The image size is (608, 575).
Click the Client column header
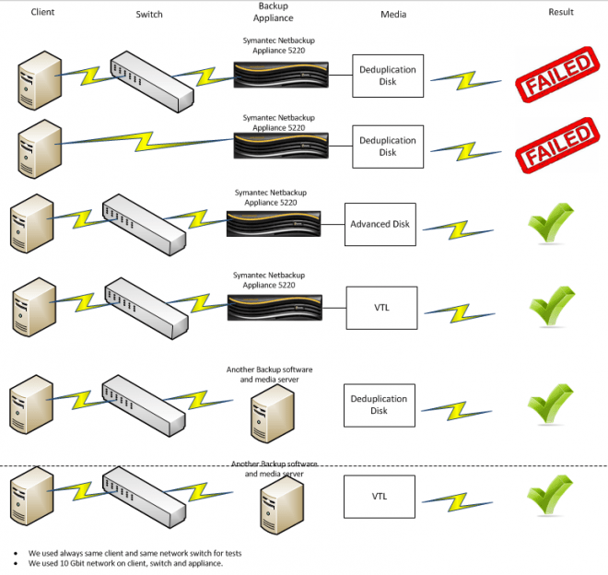pos(41,12)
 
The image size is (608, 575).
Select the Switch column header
pos(151,14)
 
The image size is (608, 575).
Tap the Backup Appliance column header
pos(274,11)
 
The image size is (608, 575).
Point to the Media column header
pos(392,15)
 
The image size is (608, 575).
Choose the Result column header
pos(560,12)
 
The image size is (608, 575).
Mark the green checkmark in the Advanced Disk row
pos(550,224)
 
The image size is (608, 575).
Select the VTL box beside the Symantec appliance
pos(380,308)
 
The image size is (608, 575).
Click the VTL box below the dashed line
pos(380,497)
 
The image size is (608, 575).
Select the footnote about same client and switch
pos(134,553)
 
